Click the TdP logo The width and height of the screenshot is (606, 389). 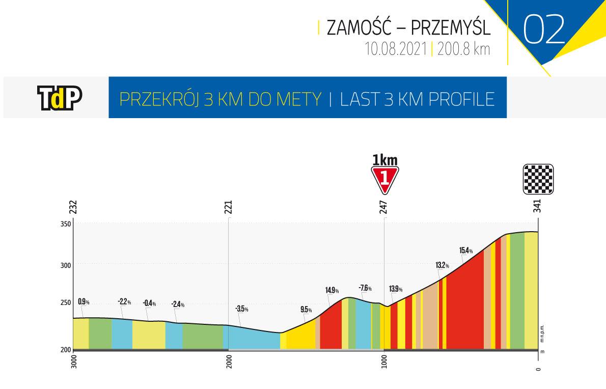point(60,98)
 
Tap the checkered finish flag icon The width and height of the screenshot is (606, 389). point(538,179)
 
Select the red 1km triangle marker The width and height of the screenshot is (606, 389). point(385,180)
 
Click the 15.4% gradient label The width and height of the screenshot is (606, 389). point(465,250)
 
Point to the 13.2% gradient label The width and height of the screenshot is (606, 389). point(442,265)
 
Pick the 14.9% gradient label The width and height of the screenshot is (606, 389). point(332,291)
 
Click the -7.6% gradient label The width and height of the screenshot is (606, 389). point(365,288)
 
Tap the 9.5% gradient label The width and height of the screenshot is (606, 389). point(306,309)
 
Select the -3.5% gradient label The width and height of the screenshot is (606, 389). point(241,309)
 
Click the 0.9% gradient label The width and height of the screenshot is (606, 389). point(84,302)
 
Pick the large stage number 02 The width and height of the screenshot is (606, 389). point(544,30)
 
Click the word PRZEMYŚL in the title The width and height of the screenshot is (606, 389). point(450,28)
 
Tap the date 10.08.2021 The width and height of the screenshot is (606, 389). point(395,49)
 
